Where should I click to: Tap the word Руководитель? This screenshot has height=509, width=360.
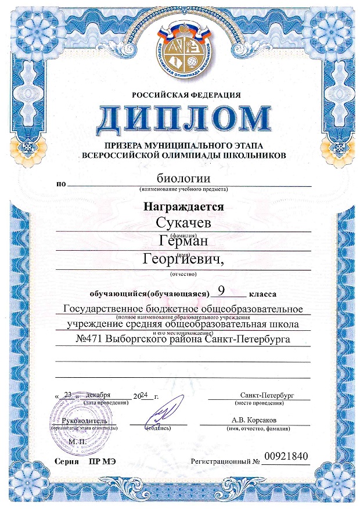click(85, 420)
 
